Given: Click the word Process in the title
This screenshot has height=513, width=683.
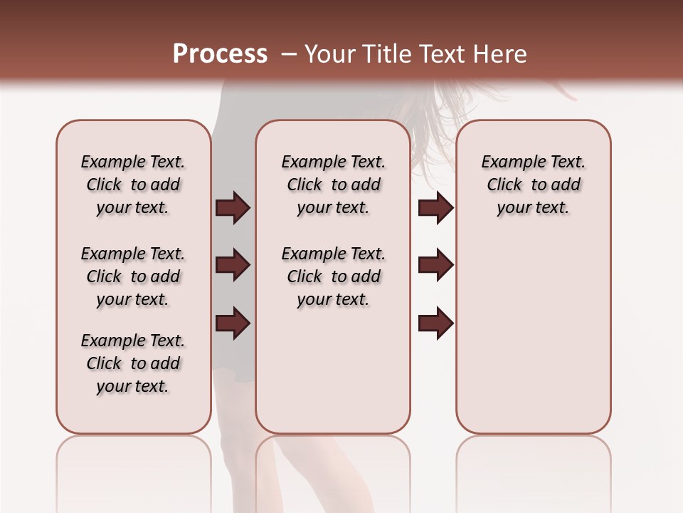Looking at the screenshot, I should click(220, 54).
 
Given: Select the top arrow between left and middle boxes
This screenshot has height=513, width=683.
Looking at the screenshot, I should click(233, 208).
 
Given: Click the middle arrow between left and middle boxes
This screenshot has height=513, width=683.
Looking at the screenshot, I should click(233, 266).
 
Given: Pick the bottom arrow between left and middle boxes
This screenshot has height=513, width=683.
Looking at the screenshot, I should click(233, 323).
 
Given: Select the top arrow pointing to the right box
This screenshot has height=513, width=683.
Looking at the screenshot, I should click(435, 208).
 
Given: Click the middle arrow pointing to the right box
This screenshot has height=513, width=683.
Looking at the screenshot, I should click(435, 266).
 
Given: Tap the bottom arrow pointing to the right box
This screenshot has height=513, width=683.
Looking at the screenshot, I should click(435, 323).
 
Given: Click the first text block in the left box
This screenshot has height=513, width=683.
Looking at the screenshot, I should click(133, 185).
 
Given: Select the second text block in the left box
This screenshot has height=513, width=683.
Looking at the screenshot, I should click(133, 276).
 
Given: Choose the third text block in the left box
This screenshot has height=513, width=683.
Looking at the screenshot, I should click(133, 363).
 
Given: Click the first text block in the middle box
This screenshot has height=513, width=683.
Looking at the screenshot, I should click(333, 185).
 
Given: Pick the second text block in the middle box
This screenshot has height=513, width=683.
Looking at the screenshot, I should click(333, 276).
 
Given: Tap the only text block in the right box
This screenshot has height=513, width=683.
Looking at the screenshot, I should click(533, 185).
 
